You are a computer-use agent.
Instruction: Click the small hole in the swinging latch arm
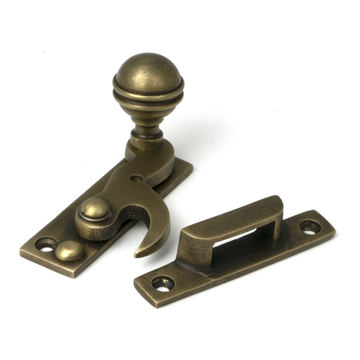tap(137, 178)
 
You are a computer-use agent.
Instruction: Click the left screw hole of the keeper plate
tap(163, 283)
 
